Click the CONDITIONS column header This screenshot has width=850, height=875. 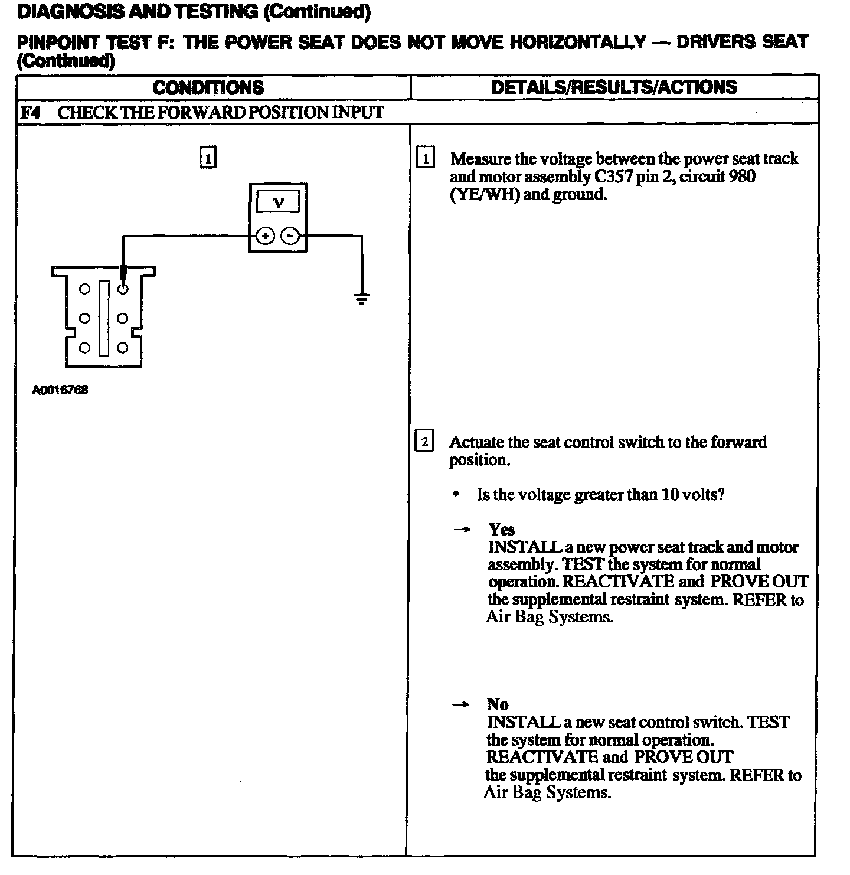208,88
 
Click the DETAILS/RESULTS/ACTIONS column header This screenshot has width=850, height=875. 614,87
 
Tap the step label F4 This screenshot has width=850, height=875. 30,113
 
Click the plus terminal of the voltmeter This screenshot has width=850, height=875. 266,236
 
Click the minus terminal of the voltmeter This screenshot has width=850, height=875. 290,236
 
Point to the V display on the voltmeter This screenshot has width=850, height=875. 278,203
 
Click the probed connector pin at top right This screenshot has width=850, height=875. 123,289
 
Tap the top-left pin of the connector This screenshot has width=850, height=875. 85,289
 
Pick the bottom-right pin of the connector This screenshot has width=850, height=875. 122,348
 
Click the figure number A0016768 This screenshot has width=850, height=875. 60,390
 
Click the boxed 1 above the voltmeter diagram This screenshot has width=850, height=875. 208,158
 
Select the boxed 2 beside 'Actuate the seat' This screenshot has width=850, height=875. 424,442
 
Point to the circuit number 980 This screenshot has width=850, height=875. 742,177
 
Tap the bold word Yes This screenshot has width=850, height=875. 502,529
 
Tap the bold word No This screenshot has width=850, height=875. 498,704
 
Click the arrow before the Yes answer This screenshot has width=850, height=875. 462,530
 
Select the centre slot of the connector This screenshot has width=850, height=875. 104,319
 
